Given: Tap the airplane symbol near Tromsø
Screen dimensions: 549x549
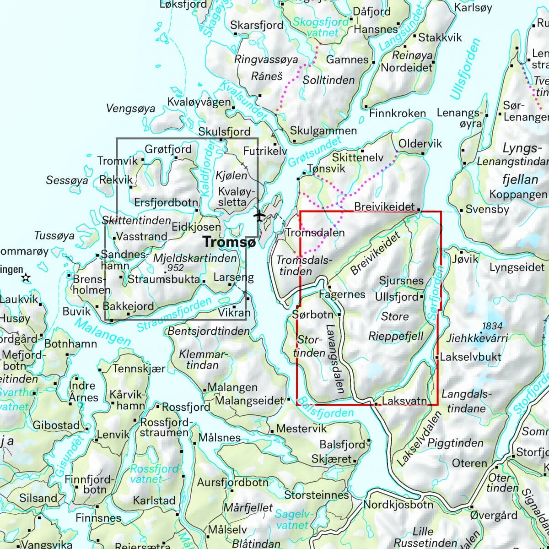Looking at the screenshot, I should coord(260,215).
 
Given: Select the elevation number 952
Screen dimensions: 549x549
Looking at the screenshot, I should coord(176,268).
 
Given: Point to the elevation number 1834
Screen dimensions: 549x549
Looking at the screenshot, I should coord(492,326).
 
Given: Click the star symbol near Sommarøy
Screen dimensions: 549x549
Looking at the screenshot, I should coord(26,278).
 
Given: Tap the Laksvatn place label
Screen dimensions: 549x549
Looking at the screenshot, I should coord(404,401).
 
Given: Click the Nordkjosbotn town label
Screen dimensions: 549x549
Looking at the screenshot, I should coord(398,505).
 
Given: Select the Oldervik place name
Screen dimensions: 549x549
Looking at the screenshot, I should coord(420,143).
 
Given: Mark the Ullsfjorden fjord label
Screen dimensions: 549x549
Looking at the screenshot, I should coord(466,69).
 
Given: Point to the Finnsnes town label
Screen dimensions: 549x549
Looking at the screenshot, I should coord(98,518).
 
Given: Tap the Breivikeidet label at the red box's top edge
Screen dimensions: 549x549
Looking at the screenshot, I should coord(384,207).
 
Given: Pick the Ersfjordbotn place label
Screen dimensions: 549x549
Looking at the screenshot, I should coord(166,202).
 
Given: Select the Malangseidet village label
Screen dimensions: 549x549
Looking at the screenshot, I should coord(249,400).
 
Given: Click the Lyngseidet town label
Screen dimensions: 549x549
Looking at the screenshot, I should coord(517,267).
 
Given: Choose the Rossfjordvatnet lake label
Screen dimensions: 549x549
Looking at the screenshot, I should coord(155,474).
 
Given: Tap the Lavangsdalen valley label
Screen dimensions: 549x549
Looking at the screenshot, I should coord(335,359).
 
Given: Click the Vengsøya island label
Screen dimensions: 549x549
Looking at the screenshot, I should coord(130,109).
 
